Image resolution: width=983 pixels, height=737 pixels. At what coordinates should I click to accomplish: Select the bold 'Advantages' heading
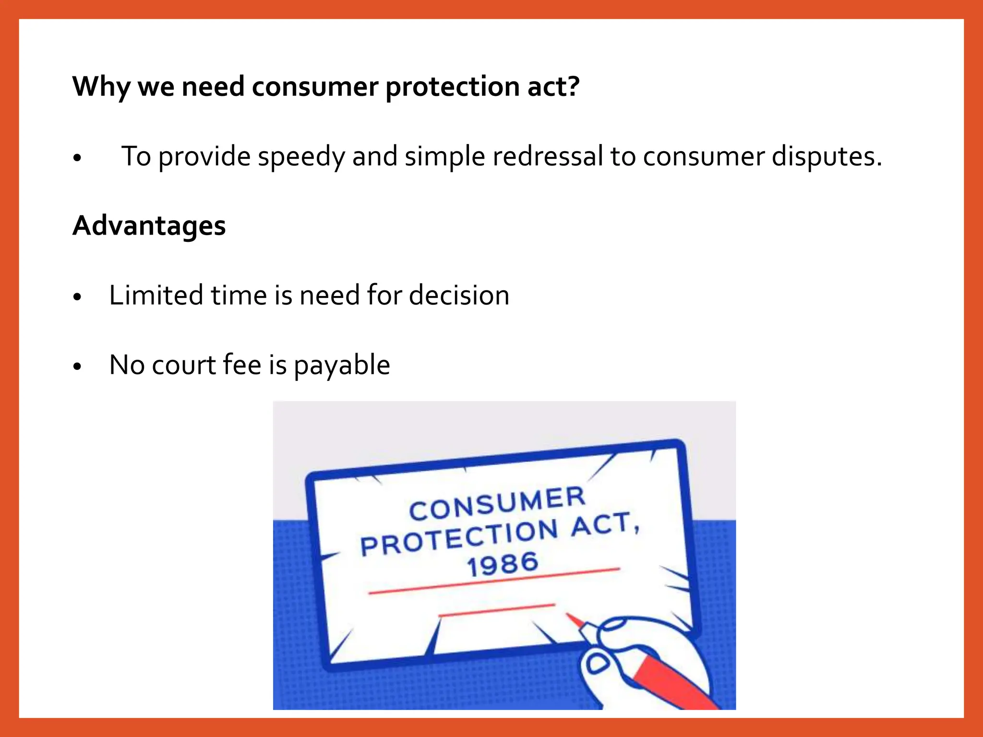[x=149, y=226]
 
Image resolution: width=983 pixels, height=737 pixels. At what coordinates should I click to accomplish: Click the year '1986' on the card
[x=503, y=564]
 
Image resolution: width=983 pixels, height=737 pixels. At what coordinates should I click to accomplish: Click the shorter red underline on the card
[x=496, y=610]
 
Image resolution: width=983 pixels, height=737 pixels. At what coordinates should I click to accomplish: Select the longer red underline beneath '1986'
[x=494, y=581]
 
